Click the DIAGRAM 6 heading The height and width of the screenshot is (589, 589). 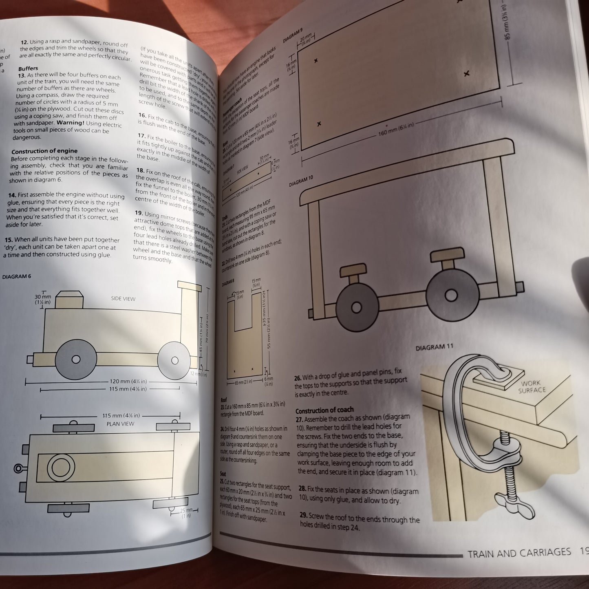point(17,277)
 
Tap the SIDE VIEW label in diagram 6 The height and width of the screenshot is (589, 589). point(123,299)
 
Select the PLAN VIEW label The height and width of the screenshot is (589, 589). point(120,424)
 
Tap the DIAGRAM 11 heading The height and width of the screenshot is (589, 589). point(435,348)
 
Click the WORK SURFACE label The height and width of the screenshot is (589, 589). point(531,386)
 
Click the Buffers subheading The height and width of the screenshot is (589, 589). point(28,68)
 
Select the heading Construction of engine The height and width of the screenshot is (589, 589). point(44,151)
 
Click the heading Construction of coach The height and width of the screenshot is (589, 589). point(324,410)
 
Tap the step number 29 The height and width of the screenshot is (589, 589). point(303,515)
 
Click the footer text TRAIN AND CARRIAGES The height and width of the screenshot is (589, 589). point(519,553)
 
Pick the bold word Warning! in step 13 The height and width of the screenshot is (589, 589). point(71,123)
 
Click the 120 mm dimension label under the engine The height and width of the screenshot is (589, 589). point(128,382)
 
